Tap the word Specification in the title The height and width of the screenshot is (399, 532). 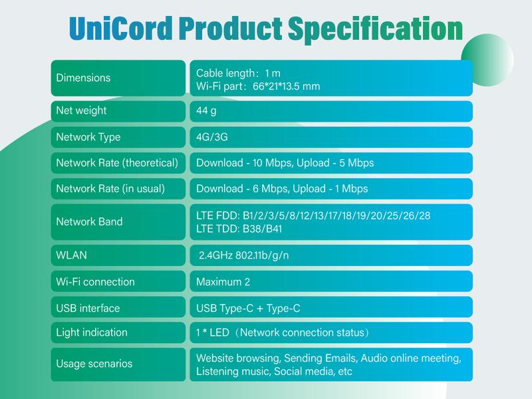[x=373, y=29]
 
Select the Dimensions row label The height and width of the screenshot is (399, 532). [x=83, y=78]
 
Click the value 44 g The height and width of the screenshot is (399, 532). [x=207, y=111]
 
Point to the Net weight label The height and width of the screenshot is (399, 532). [x=81, y=111]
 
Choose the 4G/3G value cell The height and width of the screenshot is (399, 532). [x=213, y=137]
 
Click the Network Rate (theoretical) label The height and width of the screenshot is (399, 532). [x=117, y=163]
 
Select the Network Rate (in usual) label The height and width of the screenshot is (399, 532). [x=110, y=189]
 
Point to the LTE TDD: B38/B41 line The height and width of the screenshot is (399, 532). [x=240, y=228]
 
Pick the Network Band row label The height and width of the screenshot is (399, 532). [x=89, y=222]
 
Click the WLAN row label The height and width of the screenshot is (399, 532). [x=71, y=255]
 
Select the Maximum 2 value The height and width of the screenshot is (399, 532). [x=223, y=282]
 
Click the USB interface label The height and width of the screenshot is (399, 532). [x=88, y=308]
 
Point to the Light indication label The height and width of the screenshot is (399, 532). [x=92, y=332]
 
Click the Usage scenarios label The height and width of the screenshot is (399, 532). [x=94, y=364]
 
